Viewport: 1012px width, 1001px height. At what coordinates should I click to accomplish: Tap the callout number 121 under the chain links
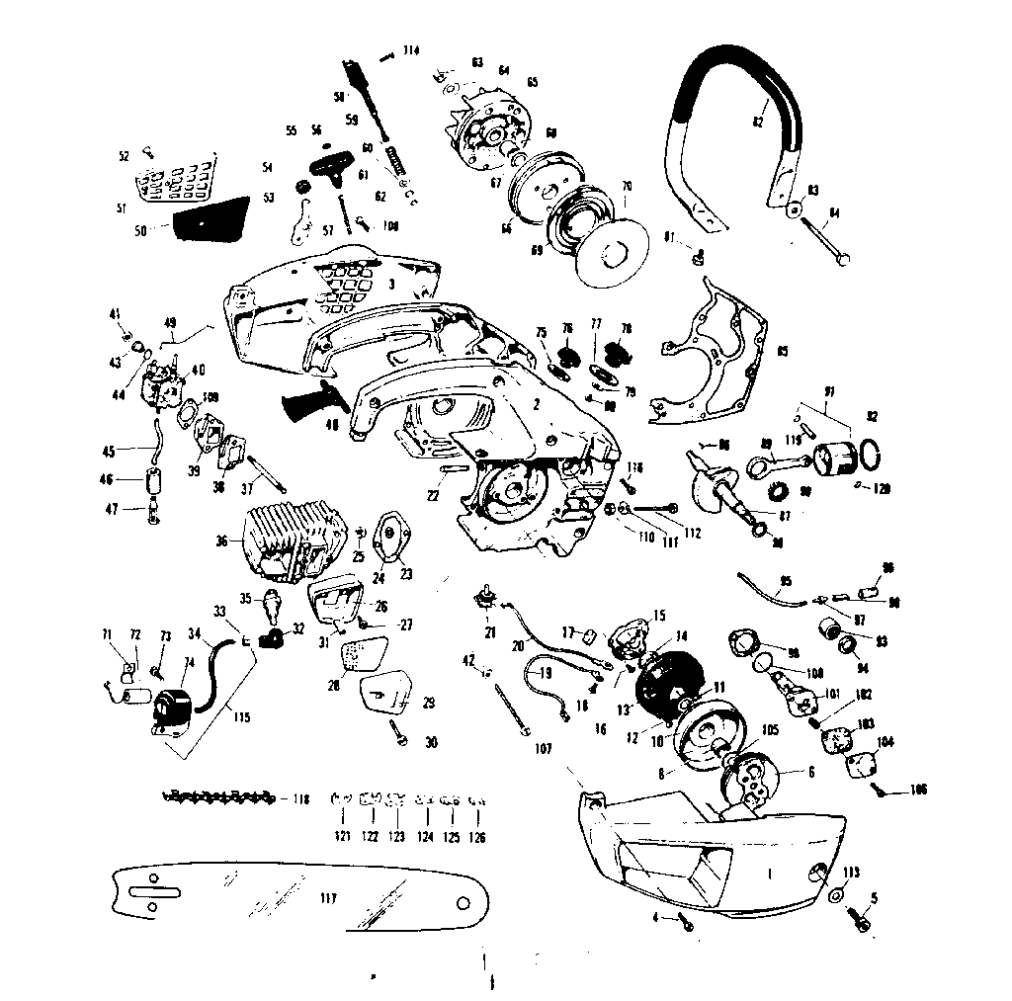(343, 837)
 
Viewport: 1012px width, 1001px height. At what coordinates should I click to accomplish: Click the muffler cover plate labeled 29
(386, 692)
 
